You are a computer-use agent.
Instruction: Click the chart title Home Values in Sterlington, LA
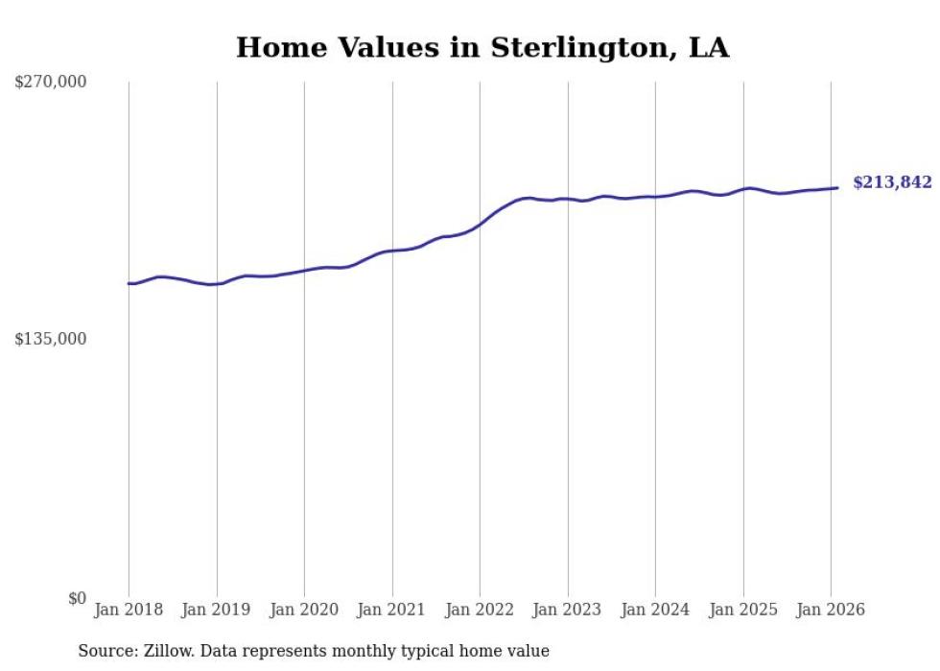[x=482, y=47]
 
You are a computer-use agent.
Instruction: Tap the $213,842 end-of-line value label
[x=892, y=182]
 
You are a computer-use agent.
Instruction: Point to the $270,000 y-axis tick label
[x=51, y=83]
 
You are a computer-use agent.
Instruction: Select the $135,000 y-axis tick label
[x=51, y=339]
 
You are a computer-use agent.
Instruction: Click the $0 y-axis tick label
[x=77, y=598]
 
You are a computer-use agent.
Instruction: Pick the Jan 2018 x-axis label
[x=129, y=611]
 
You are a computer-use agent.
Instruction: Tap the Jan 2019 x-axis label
[x=217, y=611]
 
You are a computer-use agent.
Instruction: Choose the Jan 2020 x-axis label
[x=304, y=611]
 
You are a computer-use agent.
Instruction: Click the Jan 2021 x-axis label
[x=392, y=611]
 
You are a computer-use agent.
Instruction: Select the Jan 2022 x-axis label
[x=480, y=611]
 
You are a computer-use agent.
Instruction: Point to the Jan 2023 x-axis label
[x=568, y=611]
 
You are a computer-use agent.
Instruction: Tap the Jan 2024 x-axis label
[x=655, y=611]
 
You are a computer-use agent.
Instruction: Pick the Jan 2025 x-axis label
[x=743, y=611]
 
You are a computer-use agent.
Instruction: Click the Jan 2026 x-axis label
[x=831, y=611]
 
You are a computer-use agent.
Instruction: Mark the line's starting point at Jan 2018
[x=129, y=283]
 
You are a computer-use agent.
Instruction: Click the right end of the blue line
[x=838, y=188]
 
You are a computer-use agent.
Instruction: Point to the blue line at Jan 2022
[x=480, y=225]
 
